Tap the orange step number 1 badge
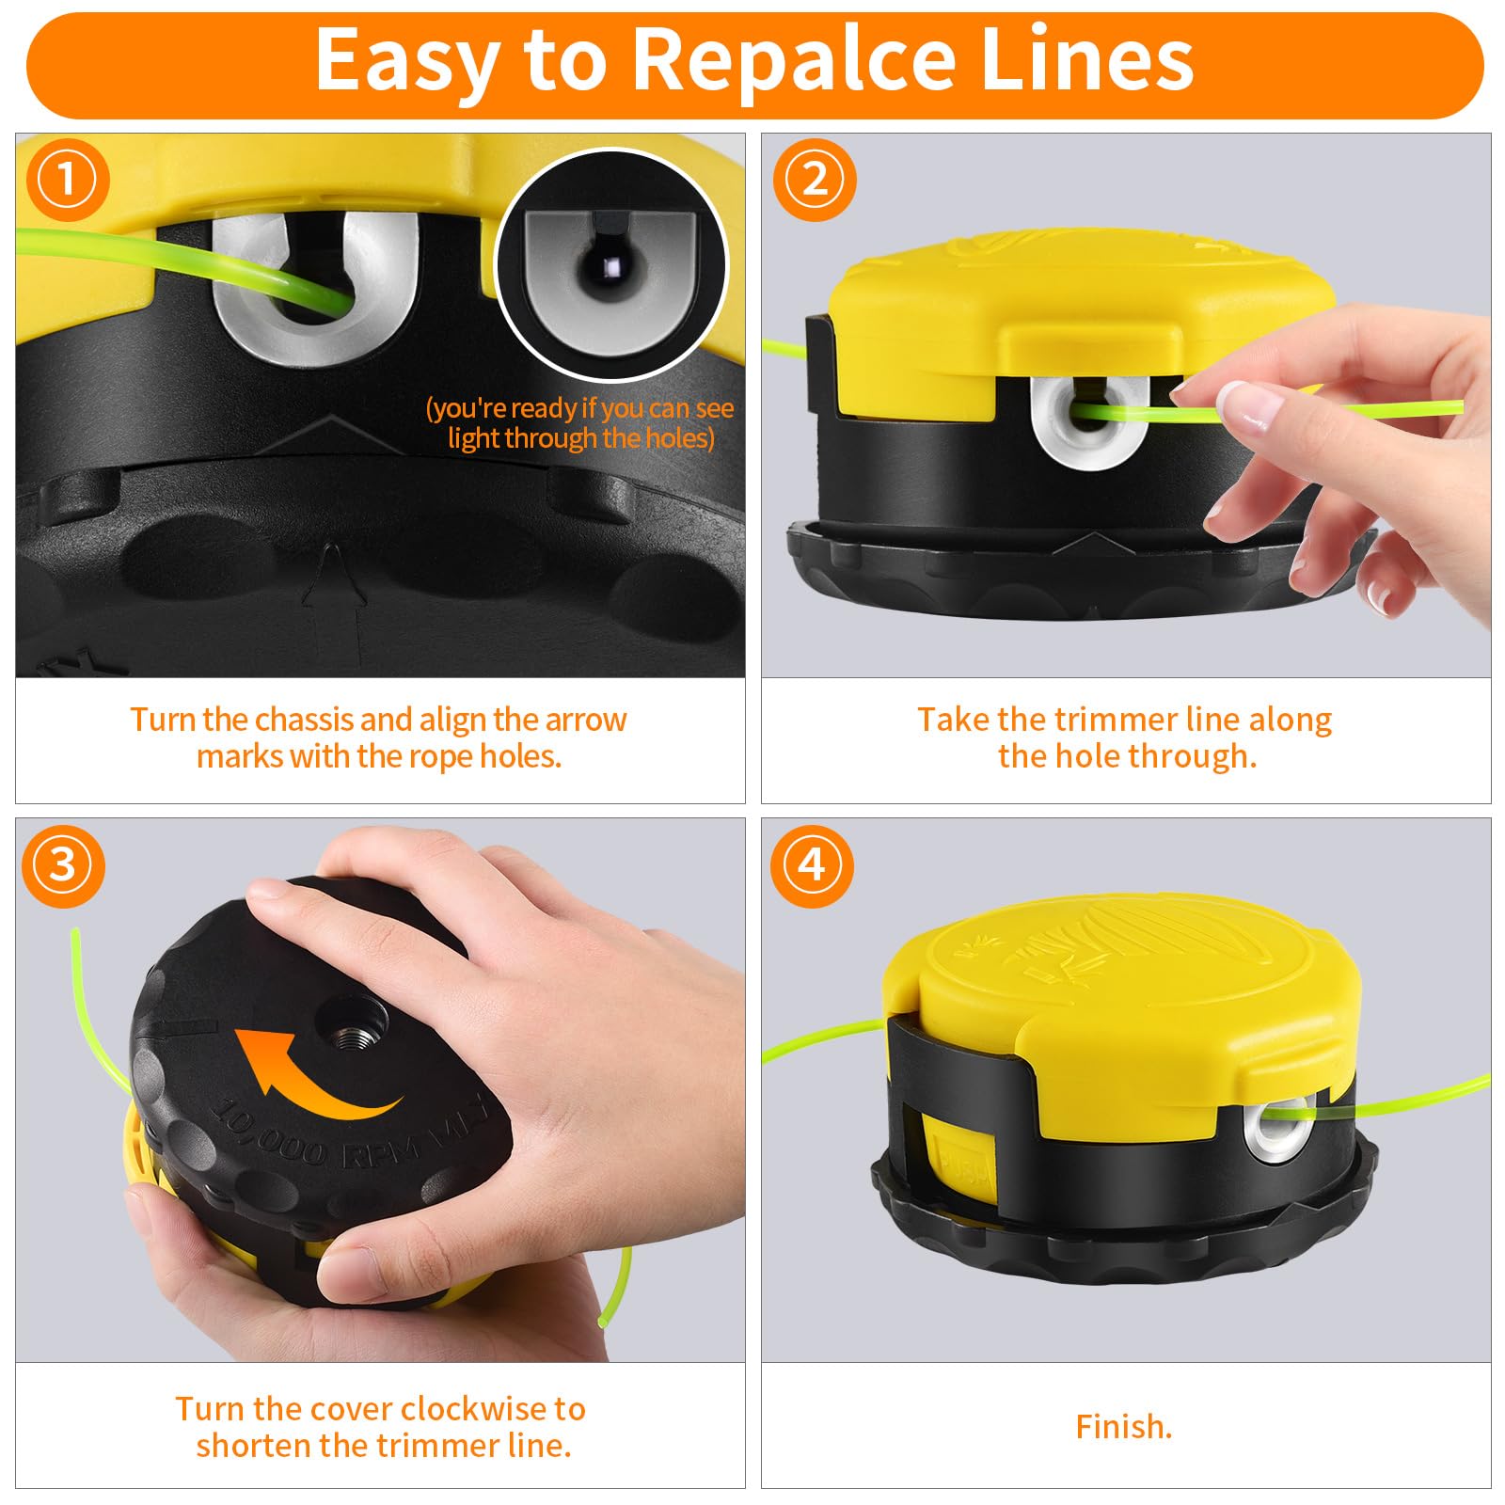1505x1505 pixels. (68, 180)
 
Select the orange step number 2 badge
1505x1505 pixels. (815, 180)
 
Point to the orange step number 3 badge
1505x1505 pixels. (63, 865)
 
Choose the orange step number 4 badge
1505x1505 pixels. (812, 865)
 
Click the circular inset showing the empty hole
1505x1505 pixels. (611, 265)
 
